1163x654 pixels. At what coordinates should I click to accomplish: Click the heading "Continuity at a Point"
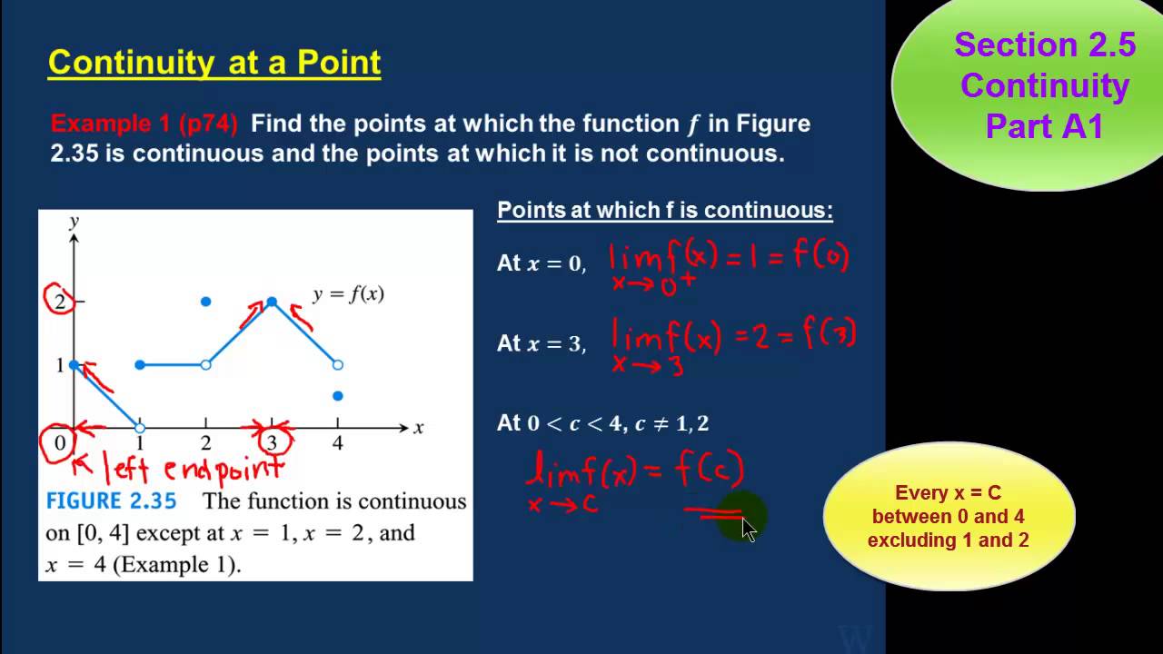pos(214,63)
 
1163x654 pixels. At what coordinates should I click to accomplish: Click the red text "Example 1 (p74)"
pos(144,124)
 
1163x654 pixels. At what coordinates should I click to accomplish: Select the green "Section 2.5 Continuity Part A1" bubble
pos(1045,85)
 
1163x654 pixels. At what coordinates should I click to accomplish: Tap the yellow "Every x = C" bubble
pos(948,516)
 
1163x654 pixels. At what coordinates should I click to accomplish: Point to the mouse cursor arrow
pos(748,530)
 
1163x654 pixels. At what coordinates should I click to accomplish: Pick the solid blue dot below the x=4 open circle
pos(338,396)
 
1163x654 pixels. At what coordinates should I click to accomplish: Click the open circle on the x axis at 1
pos(140,428)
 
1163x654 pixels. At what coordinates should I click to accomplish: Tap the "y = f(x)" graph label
pos(348,294)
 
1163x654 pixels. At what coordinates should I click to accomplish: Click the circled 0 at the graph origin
pos(60,443)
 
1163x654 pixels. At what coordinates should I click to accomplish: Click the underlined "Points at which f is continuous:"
pos(664,211)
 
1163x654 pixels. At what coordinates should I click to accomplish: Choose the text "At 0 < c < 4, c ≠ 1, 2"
pos(602,423)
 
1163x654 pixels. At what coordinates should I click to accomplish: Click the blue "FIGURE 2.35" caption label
pos(111,501)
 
